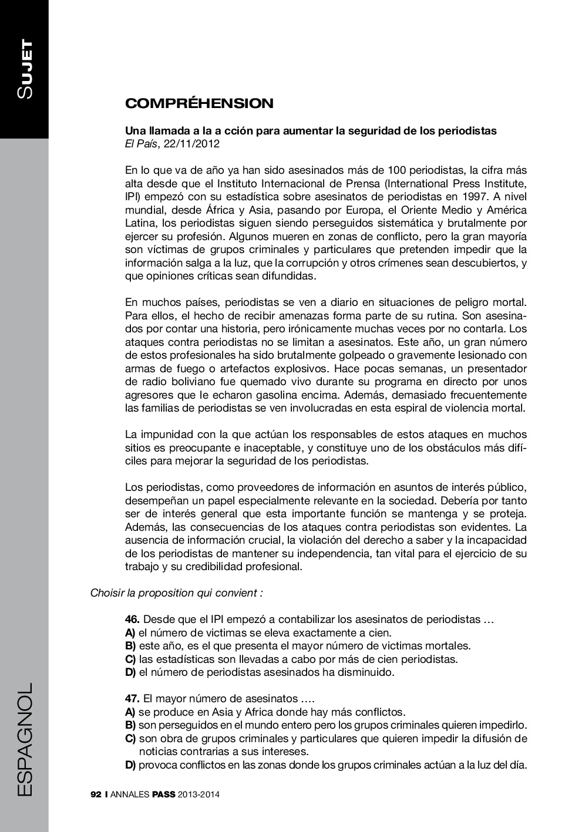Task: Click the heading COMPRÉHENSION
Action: pyautogui.click(x=199, y=104)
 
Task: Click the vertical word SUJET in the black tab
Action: pyautogui.click(x=25, y=69)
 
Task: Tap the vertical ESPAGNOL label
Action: pyautogui.click(x=25, y=739)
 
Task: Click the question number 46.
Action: pyautogui.click(x=132, y=619)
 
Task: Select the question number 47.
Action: pyautogui.click(x=132, y=699)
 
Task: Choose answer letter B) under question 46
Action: pyautogui.click(x=130, y=646)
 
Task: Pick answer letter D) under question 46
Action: pyautogui.click(x=130, y=672)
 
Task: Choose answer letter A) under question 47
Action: pyautogui.click(x=130, y=712)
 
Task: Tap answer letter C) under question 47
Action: pyautogui.click(x=130, y=739)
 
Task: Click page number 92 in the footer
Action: pyautogui.click(x=96, y=795)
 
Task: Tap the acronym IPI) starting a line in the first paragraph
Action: pyautogui.click(x=133, y=197)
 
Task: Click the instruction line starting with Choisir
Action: pyautogui.click(x=177, y=593)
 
